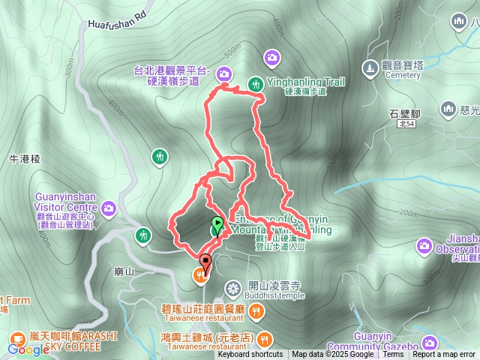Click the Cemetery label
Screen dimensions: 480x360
(404, 75)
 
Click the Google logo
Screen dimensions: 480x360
(28, 349)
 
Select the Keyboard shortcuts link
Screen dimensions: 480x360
(250, 355)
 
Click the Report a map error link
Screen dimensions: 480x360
(444, 355)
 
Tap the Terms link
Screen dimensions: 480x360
(393, 355)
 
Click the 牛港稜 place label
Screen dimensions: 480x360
(23, 159)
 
